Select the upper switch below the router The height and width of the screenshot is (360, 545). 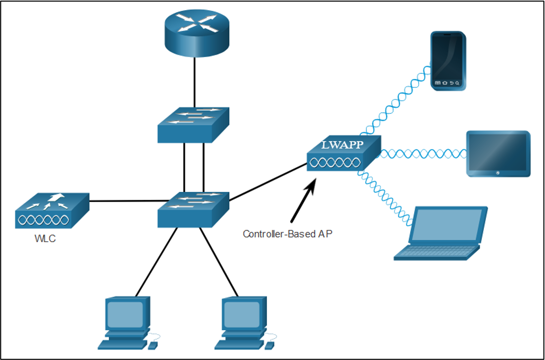click(x=193, y=125)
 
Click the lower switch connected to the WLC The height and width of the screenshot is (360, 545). click(x=193, y=210)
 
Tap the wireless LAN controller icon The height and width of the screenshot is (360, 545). click(x=52, y=211)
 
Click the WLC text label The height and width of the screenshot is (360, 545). click(x=45, y=239)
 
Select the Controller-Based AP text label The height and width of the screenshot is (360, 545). click(x=288, y=234)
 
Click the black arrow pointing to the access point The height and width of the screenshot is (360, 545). click(x=303, y=200)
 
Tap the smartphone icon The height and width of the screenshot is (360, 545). click(x=448, y=61)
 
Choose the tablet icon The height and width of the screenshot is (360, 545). click(x=498, y=154)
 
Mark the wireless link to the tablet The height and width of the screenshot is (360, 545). click(x=424, y=153)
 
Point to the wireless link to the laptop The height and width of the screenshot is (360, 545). click(x=385, y=196)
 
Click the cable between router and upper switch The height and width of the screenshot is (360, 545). click(x=194, y=83)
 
